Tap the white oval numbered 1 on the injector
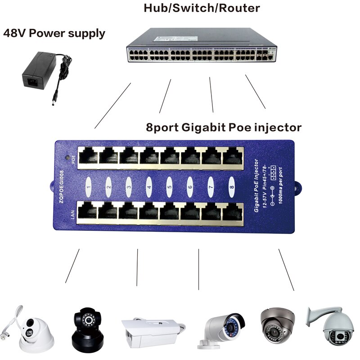point(89,184)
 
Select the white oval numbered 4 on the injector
point(149,184)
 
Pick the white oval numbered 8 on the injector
point(231,184)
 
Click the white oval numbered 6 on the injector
point(190,184)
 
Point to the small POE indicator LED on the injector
point(68,158)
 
